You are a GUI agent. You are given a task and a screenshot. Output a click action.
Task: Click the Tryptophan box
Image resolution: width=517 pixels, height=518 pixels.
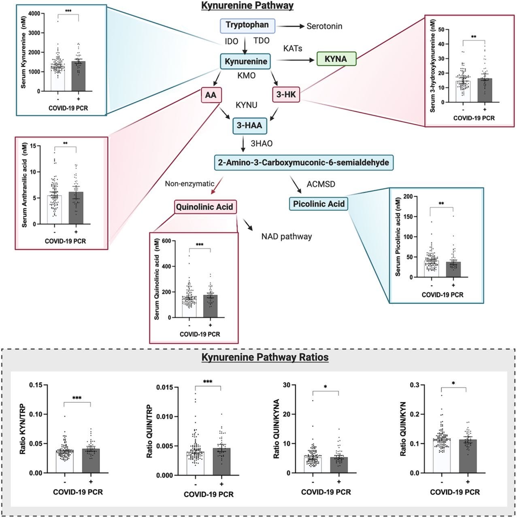[x=247, y=25]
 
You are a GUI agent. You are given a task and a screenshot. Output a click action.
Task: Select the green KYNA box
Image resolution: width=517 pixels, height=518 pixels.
[x=336, y=59]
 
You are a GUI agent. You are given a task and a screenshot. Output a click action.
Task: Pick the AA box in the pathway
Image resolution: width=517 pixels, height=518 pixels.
[x=211, y=95]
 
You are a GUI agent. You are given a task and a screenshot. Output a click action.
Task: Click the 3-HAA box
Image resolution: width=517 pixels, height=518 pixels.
[x=249, y=125]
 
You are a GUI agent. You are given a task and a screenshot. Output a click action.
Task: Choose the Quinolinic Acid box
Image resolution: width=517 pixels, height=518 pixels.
[x=204, y=207]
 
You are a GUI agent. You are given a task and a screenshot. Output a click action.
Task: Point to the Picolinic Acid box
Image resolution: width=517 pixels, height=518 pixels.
[x=318, y=204]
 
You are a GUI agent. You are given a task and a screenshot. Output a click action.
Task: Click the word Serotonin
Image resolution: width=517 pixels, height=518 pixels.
[x=324, y=26]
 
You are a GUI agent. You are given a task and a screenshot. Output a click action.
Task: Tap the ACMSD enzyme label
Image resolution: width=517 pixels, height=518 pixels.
[x=321, y=185]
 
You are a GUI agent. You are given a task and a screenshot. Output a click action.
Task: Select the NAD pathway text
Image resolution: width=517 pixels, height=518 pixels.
[x=287, y=236]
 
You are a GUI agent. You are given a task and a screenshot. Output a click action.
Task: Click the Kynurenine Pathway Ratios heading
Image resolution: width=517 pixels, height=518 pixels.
[x=265, y=358]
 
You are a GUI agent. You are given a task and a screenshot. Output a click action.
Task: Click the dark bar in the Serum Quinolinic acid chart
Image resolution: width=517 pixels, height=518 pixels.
[x=210, y=306]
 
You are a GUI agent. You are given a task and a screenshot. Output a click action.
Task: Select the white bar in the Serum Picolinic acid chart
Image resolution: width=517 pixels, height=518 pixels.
[x=432, y=269]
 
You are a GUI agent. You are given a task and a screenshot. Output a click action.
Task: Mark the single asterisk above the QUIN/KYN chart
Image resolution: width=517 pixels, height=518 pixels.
[x=454, y=383]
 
